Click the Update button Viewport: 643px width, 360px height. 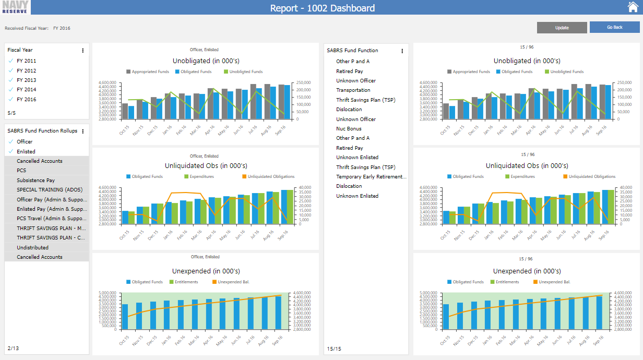(562, 28)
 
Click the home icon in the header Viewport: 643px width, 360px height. (633, 7)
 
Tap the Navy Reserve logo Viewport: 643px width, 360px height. (16, 7)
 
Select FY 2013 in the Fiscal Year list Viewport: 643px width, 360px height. (26, 80)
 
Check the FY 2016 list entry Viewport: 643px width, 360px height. (26, 99)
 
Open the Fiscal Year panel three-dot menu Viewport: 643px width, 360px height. (82, 51)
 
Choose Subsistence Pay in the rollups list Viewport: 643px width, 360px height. (35, 181)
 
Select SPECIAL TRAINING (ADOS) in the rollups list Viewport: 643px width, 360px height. (46, 190)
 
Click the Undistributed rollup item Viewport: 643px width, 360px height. (32, 248)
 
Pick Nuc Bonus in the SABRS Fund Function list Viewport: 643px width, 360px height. (349, 129)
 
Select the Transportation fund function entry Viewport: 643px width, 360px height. (353, 90)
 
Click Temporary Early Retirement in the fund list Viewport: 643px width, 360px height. (371, 177)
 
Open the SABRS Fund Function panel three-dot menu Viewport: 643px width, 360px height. (402, 51)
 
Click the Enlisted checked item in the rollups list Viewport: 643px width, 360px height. (26, 152)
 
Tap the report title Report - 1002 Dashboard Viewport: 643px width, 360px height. (322, 8)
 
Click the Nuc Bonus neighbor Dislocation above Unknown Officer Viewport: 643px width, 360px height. (349, 110)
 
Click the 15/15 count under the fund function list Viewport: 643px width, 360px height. (334, 349)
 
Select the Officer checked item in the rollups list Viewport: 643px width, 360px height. (25, 142)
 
